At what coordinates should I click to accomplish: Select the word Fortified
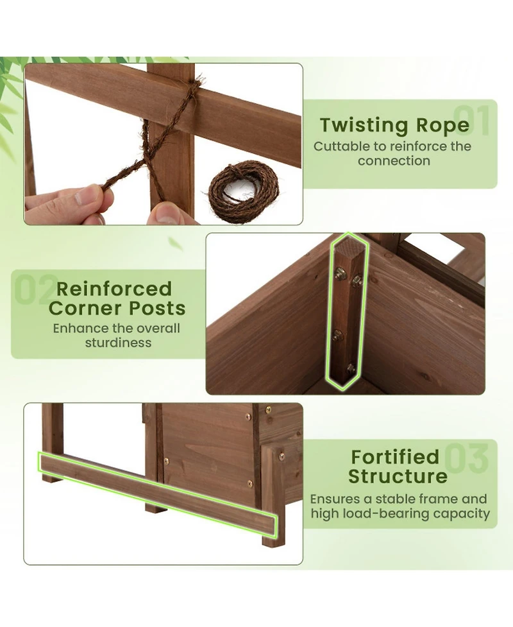tap(394, 457)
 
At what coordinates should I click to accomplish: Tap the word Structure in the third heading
tap(398, 477)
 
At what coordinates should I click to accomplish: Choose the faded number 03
tap(467, 458)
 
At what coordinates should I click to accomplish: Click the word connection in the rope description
tap(394, 160)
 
